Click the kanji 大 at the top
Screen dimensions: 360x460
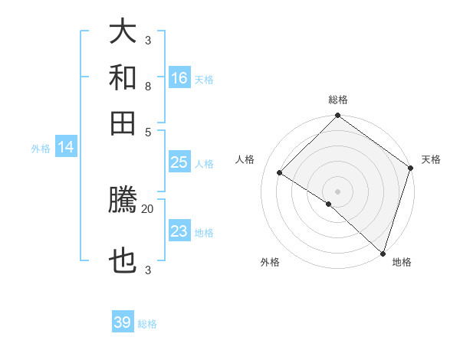(x=123, y=32)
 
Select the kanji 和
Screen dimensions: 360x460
(x=123, y=77)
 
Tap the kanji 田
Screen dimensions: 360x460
(x=123, y=122)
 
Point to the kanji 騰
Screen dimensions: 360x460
(x=123, y=201)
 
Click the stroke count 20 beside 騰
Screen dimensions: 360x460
(x=148, y=208)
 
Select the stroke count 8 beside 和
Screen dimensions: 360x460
(x=148, y=86)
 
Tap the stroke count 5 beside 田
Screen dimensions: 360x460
(x=148, y=131)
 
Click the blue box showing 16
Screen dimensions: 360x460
(x=179, y=78)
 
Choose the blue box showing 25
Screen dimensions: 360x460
(x=179, y=162)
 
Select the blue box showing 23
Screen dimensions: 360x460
(x=179, y=231)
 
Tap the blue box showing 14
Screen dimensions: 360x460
(x=65, y=148)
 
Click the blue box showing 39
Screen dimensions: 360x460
(x=123, y=322)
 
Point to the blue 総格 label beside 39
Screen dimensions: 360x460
(x=147, y=324)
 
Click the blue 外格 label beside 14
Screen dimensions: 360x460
(x=41, y=149)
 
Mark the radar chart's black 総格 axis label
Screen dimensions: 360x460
(x=338, y=100)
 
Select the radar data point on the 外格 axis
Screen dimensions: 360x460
(x=329, y=204)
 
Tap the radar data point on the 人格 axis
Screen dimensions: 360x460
(x=280, y=173)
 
